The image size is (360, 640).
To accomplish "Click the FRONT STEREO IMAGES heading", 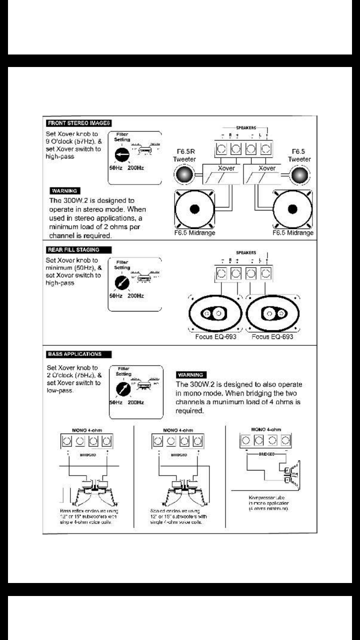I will pyautogui.click(x=78, y=123).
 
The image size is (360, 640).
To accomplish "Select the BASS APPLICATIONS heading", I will pyautogui.click(x=75, y=354).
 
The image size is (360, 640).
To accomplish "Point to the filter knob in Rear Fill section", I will pyautogui.click(x=120, y=283).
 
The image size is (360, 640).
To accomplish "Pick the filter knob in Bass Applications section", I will pyautogui.click(x=120, y=388).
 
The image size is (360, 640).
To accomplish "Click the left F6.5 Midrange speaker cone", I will pyautogui.click(x=194, y=209).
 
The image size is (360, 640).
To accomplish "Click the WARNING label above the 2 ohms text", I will pyautogui.click(x=65, y=190).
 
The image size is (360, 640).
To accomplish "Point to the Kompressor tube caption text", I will pyautogui.click(x=265, y=503).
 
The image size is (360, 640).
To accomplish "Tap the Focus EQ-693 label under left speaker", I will pyautogui.click(x=216, y=337).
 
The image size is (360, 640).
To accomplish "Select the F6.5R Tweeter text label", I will pyautogui.click(x=184, y=155).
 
